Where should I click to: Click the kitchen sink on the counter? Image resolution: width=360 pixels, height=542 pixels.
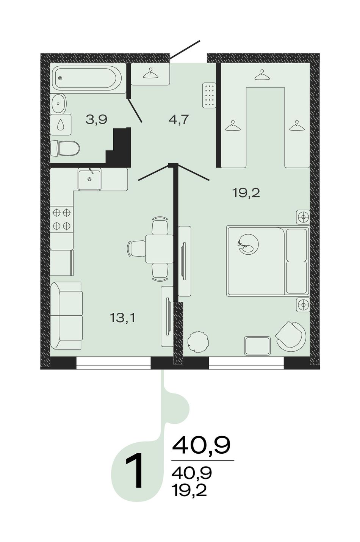pos(89,179)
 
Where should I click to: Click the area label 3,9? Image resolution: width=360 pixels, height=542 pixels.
pos(96,119)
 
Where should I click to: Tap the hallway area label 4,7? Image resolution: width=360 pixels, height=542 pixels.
pos(178,119)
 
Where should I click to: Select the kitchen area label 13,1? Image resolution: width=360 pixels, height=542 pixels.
pos(122,318)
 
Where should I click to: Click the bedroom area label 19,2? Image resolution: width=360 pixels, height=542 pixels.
pos(246,193)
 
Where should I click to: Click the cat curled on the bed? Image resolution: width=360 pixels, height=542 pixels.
pos(248,244)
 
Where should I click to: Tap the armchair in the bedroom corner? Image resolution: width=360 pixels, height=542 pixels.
pos(290,335)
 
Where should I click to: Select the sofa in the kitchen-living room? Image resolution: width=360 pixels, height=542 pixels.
pos(66,315)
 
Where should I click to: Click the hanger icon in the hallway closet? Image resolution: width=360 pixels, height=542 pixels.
pos(150,73)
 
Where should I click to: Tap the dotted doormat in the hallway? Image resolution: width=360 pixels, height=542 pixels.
pos(209,95)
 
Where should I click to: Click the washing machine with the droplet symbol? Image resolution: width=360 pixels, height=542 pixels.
pos(61,125)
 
